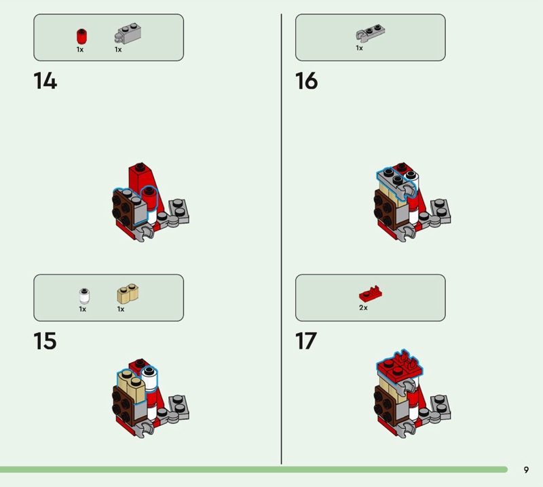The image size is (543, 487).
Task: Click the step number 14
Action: pyautogui.click(x=45, y=81)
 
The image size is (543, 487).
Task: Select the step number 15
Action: pyautogui.click(x=45, y=341)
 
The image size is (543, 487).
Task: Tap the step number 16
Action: pyautogui.click(x=307, y=81)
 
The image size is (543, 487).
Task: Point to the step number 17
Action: pyautogui.click(x=306, y=341)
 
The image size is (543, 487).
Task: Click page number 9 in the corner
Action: pyautogui.click(x=527, y=469)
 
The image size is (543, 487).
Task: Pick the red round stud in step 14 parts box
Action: pyautogui.click(x=81, y=37)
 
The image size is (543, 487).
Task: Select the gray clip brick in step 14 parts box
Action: pyautogui.click(x=128, y=33)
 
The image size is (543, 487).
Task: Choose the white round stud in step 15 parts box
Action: pyautogui.click(x=84, y=296)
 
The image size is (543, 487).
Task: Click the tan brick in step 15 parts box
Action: pyautogui.click(x=128, y=294)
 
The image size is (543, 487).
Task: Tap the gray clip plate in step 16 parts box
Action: pyautogui.click(x=370, y=33)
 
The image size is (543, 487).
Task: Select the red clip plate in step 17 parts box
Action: pyautogui.click(x=371, y=294)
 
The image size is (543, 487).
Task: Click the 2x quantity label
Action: pyautogui.click(x=363, y=308)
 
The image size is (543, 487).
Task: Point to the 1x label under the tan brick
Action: pyautogui.click(x=121, y=309)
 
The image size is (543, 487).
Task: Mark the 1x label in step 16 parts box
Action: pyautogui.click(x=360, y=48)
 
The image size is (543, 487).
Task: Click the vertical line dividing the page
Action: pyautogui.click(x=281, y=239)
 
